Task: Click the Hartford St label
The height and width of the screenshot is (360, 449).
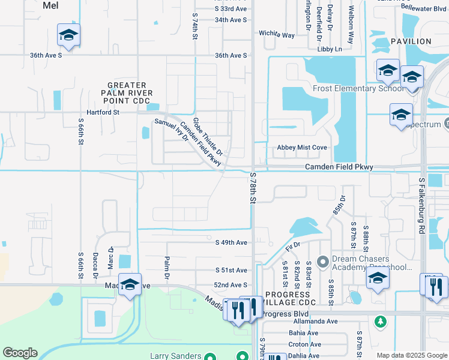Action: [x=103, y=112]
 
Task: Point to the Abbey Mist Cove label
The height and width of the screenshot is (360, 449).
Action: [x=302, y=148]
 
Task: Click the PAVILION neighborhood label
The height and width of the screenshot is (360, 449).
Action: [x=411, y=41]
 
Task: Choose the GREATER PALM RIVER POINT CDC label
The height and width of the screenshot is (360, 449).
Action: [x=130, y=93]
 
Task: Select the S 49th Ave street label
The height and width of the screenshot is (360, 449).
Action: [x=231, y=242]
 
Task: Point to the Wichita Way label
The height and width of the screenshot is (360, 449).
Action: [x=277, y=35]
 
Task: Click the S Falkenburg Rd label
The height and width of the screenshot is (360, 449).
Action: [x=422, y=205]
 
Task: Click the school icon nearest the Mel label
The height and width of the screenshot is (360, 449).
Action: [x=68, y=35]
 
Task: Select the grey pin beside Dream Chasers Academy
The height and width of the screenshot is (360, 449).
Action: [x=323, y=261]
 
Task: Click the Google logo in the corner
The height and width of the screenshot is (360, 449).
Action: [x=20, y=353]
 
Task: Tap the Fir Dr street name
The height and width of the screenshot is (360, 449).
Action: [x=292, y=245]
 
